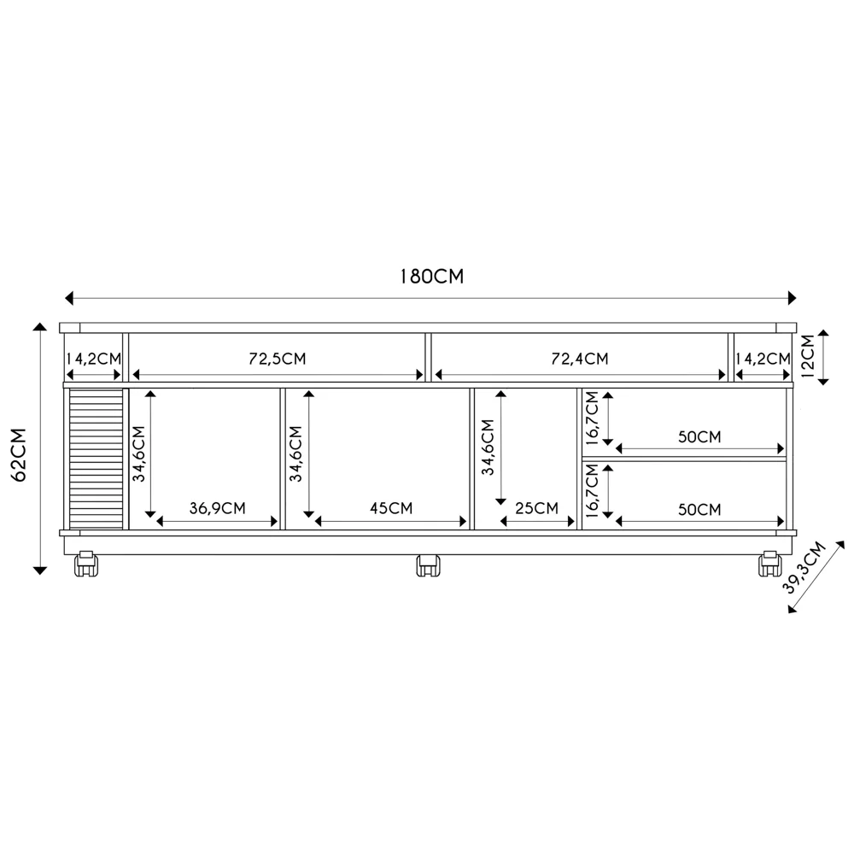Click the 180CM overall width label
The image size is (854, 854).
(431, 278)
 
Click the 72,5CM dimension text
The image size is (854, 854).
(278, 359)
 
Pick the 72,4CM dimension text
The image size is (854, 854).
(580, 359)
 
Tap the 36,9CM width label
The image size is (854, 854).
(218, 509)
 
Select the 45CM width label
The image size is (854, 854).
(391, 509)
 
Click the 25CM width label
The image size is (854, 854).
(536, 509)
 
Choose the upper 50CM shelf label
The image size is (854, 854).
(699, 437)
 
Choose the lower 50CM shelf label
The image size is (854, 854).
(699, 510)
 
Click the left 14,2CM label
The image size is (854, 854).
(94, 359)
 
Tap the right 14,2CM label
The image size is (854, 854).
(763, 359)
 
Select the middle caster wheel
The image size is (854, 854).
(428, 565)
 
